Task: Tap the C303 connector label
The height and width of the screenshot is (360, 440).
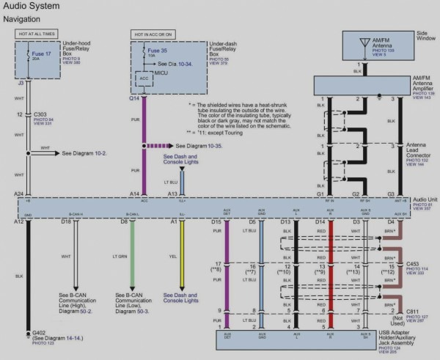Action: pyautogui.click(x=43, y=114)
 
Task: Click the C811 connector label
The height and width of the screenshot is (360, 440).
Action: pyautogui.click(x=413, y=310)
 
